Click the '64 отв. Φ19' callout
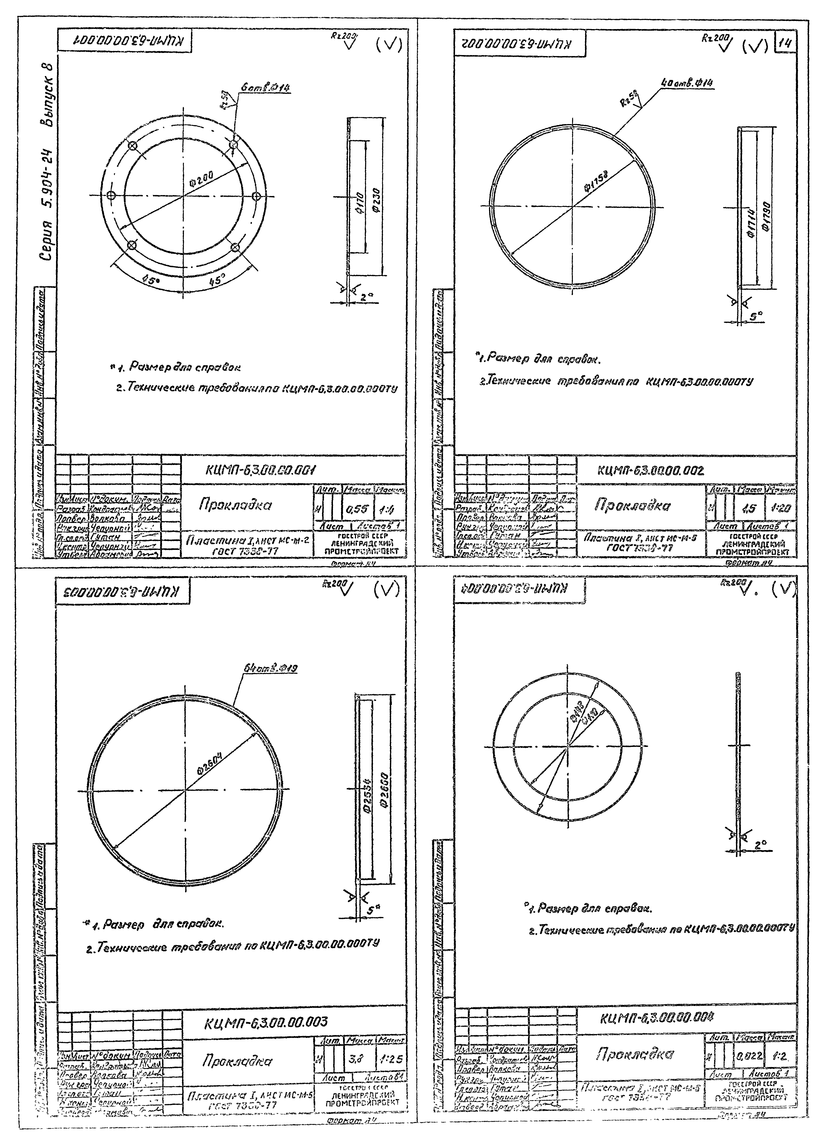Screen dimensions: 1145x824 click(271, 669)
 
